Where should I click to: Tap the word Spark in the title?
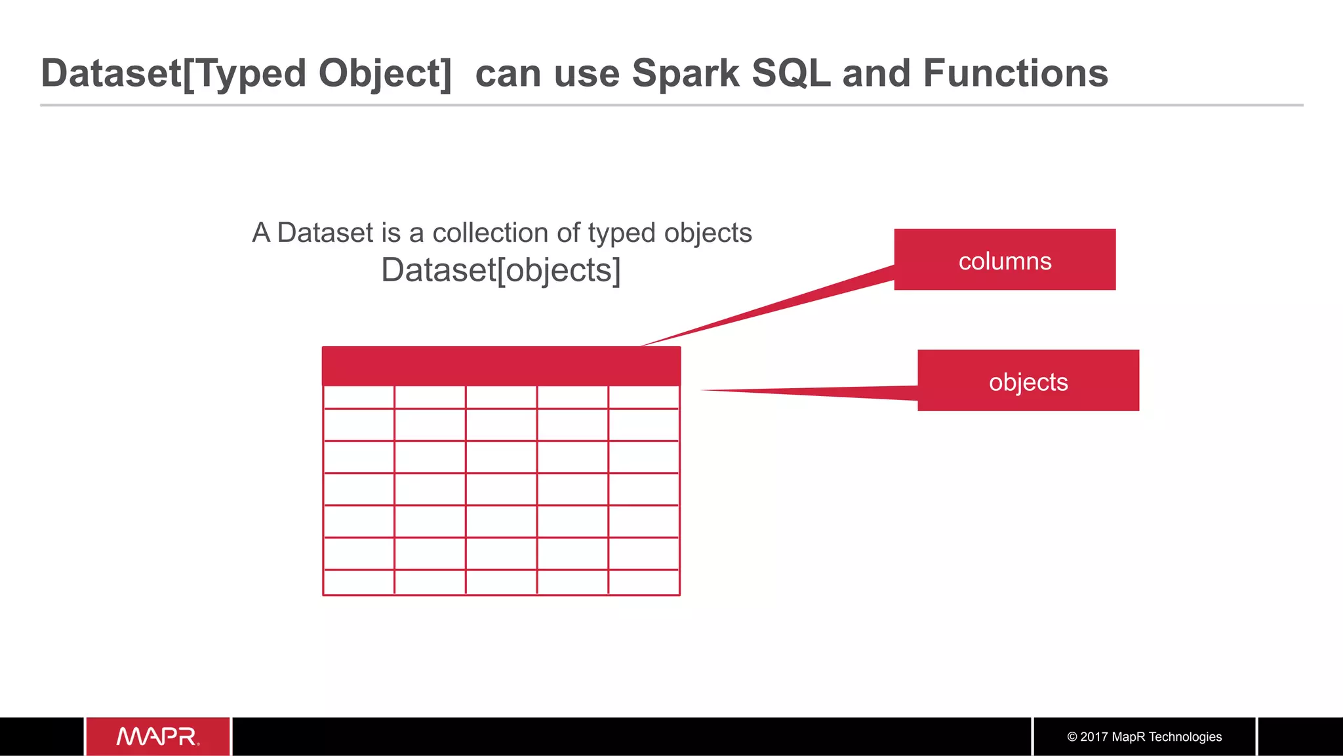tap(685, 73)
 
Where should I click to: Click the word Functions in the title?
tap(1015, 73)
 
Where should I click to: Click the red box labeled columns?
tap(1005, 260)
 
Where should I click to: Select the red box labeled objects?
tap(1028, 381)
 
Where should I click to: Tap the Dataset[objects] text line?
tap(501, 270)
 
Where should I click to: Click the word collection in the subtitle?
tap(491, 233)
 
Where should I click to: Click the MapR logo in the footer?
tap(157, 736)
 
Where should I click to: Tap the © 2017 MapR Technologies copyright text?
tap(1144, 737)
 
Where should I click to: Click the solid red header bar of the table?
tap(501, 366)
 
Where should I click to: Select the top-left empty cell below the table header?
tap(359, 397)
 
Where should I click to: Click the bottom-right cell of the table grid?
tap(644, 582)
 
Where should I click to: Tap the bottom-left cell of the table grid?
tap(359, 582)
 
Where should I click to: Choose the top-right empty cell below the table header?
tap(644, 397)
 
